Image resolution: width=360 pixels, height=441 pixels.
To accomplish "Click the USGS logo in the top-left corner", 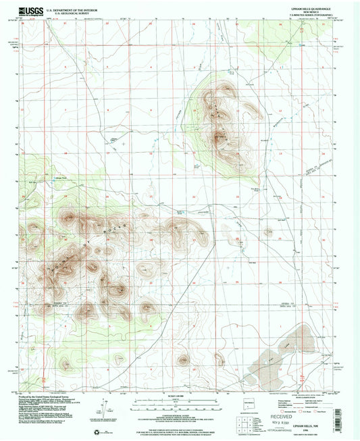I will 32,9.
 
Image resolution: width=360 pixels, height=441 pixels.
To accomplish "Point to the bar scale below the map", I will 180,404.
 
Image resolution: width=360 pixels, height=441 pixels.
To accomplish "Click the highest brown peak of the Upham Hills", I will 219,138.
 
